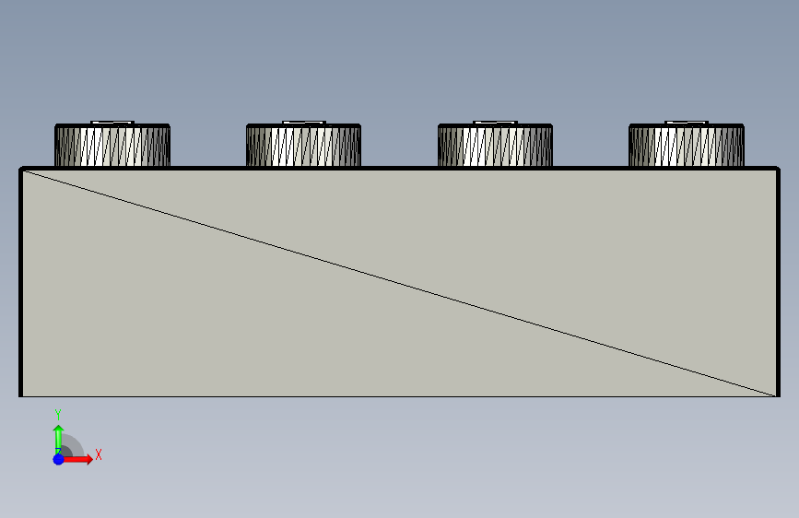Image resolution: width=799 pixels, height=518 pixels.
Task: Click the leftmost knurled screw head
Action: [112, 147]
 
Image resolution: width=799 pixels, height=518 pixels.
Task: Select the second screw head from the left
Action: [303, 147]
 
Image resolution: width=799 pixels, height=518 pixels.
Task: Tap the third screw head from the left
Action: [495, 147]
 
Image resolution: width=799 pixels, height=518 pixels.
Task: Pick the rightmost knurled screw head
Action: [687, 147]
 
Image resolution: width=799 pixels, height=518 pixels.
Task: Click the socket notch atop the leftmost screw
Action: [113, 123]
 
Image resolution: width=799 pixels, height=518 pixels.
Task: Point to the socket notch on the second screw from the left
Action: [303, 123]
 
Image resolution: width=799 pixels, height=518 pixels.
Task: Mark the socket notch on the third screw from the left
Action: [495, 123]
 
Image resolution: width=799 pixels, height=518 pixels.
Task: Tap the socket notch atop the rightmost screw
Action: [687, 123]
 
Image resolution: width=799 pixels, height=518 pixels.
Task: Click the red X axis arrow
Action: [81, 459]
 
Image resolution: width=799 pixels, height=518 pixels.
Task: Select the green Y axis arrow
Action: [58, 435]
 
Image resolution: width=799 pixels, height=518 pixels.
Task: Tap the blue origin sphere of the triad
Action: [58, 459]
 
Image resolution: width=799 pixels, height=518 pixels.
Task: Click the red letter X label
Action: [98, 454]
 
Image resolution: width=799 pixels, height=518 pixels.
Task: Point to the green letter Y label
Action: [58, 414]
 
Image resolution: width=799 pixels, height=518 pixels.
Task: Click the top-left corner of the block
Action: [22, 170]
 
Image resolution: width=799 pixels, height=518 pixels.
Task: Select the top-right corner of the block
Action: [778, 170]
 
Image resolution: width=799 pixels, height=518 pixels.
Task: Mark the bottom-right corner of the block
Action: [778, 396]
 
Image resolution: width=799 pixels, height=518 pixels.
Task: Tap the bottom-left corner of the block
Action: [21, 396]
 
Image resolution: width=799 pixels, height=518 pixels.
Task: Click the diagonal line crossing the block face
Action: [400, 283]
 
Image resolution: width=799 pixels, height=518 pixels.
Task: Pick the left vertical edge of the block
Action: [21, 283]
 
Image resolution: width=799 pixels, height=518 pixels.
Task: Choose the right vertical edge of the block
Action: [779, 283]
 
